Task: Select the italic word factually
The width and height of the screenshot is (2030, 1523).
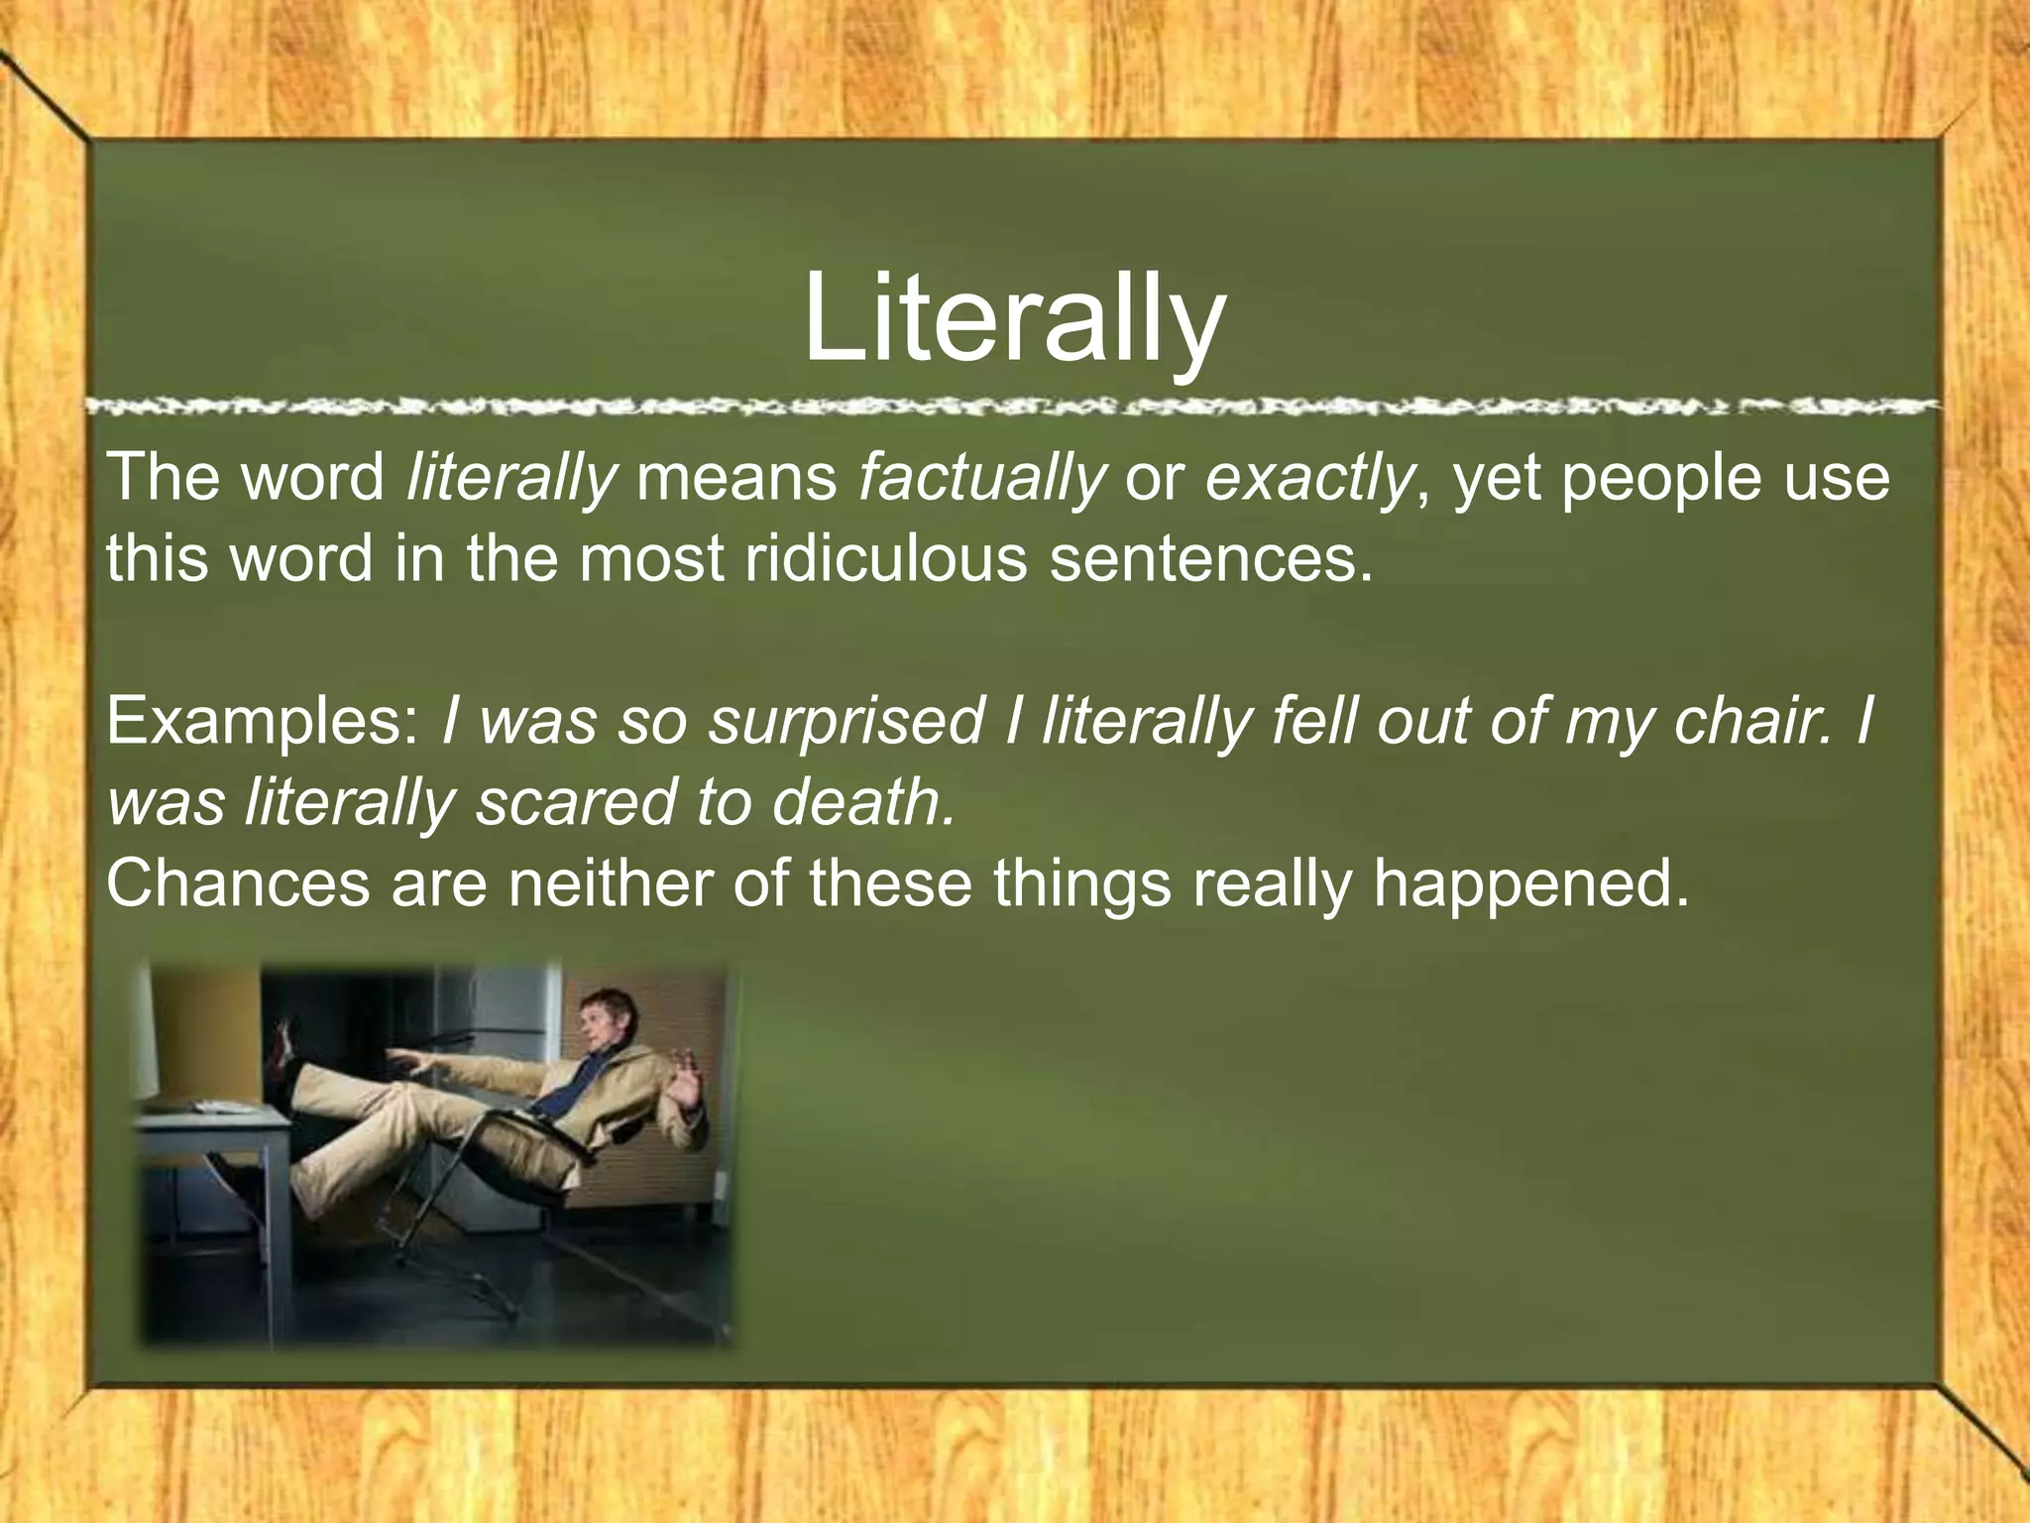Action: click(981, 478)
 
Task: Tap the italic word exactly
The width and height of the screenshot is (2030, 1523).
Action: click(1308, 478)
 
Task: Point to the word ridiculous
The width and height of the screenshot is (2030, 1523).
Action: click(885, 558)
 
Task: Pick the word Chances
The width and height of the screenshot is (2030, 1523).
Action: click(238, 882)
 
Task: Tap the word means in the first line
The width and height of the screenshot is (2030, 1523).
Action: click(736, 478)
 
